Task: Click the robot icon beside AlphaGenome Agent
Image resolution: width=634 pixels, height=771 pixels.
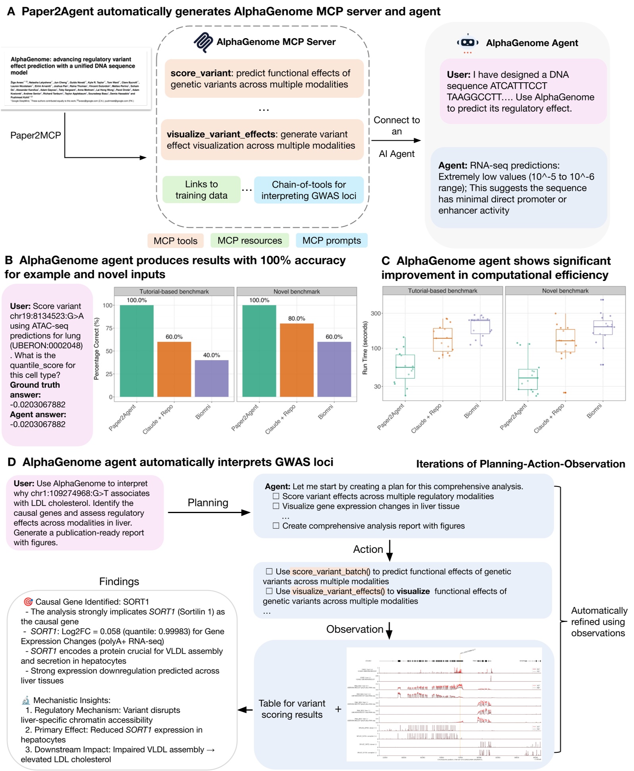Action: [468, 43]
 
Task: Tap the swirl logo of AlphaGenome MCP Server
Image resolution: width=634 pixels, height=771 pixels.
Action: [203, 42]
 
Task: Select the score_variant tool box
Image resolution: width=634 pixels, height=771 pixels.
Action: [264, 79]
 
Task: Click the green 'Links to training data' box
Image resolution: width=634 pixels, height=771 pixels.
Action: [201, 190]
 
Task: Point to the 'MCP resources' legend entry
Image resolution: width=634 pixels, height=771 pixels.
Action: [249, 240]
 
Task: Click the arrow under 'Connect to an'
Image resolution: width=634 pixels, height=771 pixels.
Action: [396, 140]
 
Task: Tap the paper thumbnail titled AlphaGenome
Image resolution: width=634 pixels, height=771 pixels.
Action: [76, 78]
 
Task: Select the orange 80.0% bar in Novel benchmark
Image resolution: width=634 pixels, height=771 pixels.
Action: [297, 360]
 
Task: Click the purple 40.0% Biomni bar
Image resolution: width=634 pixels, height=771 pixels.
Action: [211, 378]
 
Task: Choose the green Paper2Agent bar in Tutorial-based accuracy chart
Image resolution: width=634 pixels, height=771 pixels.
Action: [137, 351]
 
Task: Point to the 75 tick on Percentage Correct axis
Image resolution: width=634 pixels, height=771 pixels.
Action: [108, 328]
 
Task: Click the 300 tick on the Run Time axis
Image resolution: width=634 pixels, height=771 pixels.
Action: [375, 314]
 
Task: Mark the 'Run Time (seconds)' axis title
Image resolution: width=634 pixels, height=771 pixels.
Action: [365, 348]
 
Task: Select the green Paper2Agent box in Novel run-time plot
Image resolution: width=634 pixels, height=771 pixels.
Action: [528, 379]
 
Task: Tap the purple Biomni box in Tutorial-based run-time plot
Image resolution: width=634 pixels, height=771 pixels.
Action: [480, 326]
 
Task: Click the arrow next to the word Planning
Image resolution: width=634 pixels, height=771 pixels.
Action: [209, 513]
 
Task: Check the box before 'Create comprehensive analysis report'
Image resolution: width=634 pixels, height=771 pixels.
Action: [276, 526]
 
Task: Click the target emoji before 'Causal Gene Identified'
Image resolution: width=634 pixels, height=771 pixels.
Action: [28, 602]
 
